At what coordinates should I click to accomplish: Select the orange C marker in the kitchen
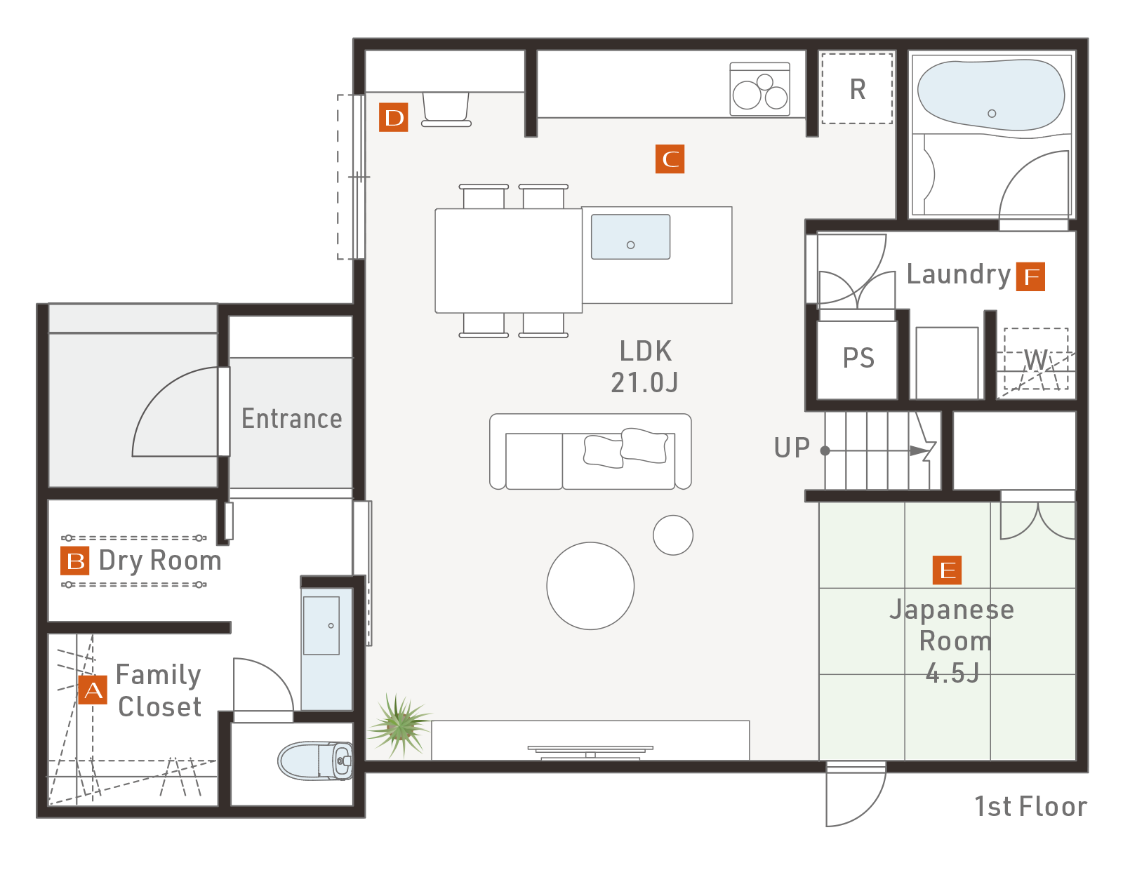click(x=670, y=159)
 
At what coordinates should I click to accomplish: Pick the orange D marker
click(x=393, y=117)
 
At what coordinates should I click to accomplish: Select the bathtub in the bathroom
click(x=990, y=95)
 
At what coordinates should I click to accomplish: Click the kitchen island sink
click(x=630, y=236)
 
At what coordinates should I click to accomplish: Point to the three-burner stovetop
click(x=759, y=89)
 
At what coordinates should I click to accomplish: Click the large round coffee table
click(x=590, y=585)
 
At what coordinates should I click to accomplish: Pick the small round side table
click(x=672, y=535)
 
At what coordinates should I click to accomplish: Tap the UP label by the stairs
click(x=791, y=448)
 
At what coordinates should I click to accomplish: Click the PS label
click(x=858, y=358)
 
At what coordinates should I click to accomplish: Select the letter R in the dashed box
click(x=858, y=89)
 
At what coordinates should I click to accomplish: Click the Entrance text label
click(x=291, y=418)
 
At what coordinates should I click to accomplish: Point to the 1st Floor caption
click(x=1030, y=806)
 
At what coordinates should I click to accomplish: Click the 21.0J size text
click(x=644, y=382)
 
